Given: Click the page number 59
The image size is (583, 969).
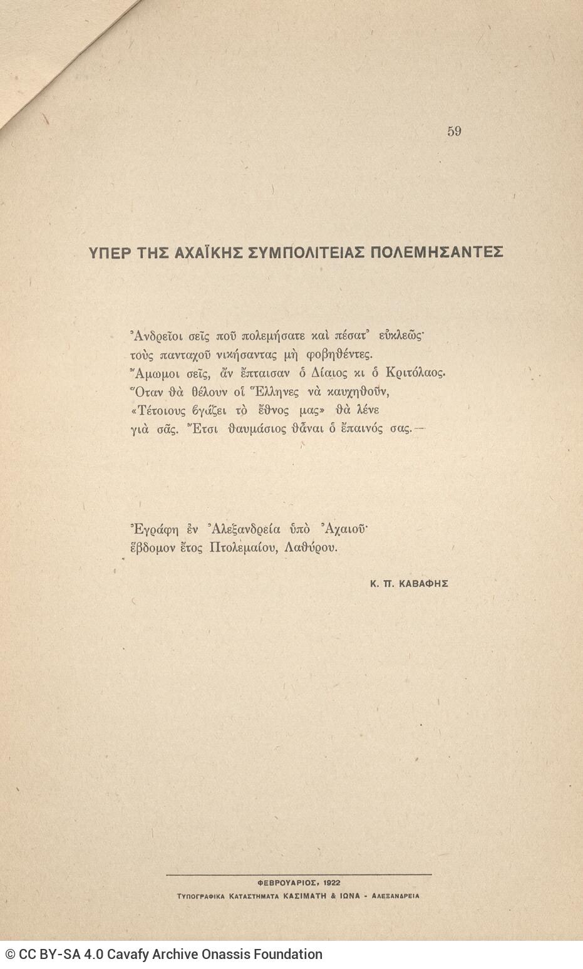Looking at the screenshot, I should click(x=454, y=131).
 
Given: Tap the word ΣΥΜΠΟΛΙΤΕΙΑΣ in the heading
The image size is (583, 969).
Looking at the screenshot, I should click(x=304, y=252).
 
